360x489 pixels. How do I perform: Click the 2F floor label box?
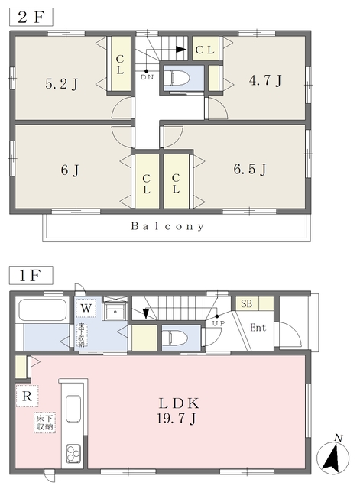pyautogui.click(x=31, y=17)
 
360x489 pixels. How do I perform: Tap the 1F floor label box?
pyautogui.click(x=31, y=275)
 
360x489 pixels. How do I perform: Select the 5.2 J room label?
pyautogui.click(x=61, y=84)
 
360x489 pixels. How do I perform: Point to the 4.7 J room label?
pyautogui.click(x=265, y=80)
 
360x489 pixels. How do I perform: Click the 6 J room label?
pyautogui.click(x=70, y=170)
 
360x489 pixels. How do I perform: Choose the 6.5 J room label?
pyautogui.click(x=250, y=169)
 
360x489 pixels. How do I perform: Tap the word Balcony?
pyautogui.click(x=167, y=226)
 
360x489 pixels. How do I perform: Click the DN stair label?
pyautogui.click(x=147, y=77)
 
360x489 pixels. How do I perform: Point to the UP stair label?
pyautogui.click(x=219, y=323)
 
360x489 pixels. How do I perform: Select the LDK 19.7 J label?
pyautogui.click(x=178, y=411)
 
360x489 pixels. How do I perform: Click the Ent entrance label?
pyautogui.click(x=258, y=328)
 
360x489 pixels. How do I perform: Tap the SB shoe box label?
pyautogui.click(x=246, y=303)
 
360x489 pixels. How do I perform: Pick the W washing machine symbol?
pyautogui.click(x=86, y=308)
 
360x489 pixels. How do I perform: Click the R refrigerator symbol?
pyautogui.click(x=28, y=396)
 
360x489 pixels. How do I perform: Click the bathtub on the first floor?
pyautogui.click(x=43, y=309)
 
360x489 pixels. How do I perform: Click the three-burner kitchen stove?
pyautogui.click(x=73, y=453)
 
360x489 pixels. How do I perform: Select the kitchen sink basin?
pyautogui.click(x=73, y=409)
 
